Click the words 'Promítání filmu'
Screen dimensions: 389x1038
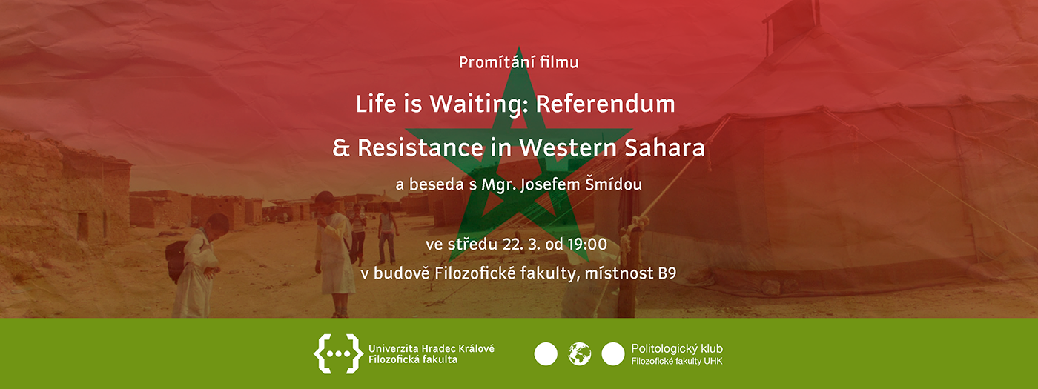click(518, 63)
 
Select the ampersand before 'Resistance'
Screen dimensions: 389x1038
click(341, 147)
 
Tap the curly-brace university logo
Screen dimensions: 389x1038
click(336, 353)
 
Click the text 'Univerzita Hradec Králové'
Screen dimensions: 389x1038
click(431, 348)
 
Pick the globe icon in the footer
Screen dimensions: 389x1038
click(580, 354)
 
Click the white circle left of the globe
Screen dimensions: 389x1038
click(546, 354)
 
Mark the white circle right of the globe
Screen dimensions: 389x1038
click(613, 354)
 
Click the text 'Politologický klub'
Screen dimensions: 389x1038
click(676, 348)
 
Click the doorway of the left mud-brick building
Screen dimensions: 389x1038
click(82, 226)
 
